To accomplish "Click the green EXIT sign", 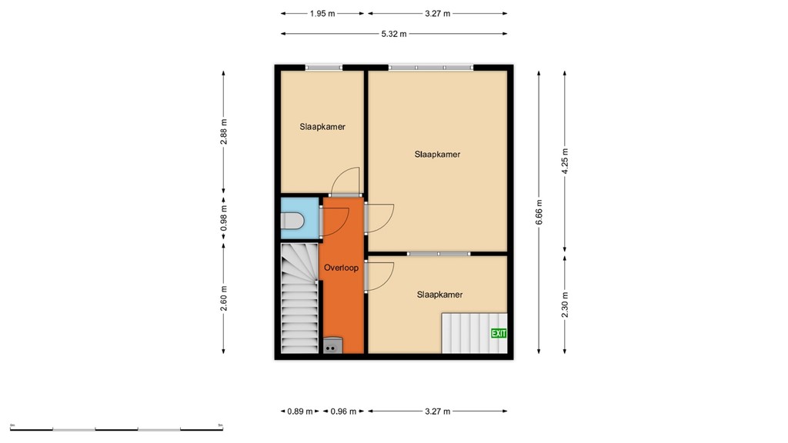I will point(499,333).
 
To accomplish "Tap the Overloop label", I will point(341,268).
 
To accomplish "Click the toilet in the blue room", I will point(295,221).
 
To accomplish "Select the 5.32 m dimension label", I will point(394,34).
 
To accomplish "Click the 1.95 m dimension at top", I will point(322,13).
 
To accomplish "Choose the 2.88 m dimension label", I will point(224,132).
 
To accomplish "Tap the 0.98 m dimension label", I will point(224,217).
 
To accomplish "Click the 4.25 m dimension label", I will point(566,162).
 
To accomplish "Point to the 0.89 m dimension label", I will point(299,411).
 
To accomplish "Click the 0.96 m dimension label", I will point(343,411).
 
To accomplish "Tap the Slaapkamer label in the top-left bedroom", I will point(322,127).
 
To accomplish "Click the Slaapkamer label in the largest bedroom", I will point(437,155).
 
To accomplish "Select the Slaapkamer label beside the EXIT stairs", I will point(439,295).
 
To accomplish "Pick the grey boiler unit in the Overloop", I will point(332,345).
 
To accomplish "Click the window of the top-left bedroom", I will point(323,68).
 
